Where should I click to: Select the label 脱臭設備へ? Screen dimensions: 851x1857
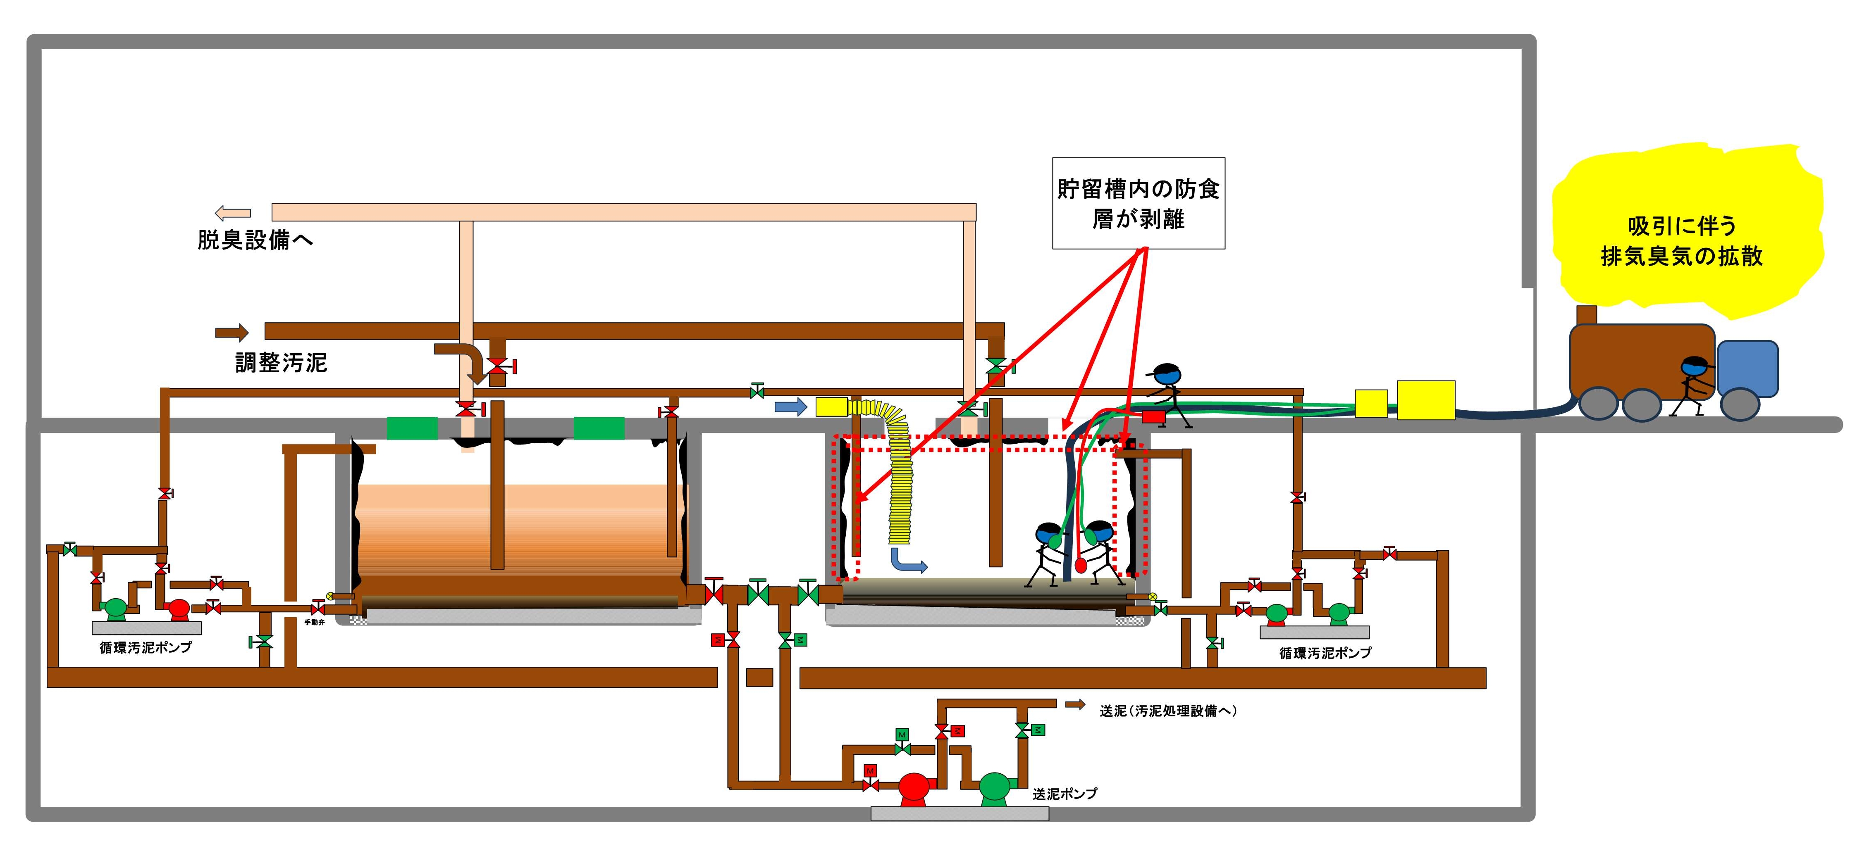pos(255,240)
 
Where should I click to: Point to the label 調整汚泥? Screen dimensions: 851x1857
pos(281,362)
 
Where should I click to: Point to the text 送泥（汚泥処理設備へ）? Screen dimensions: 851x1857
pos(1168,711)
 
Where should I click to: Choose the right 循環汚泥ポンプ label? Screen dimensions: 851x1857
pos(1325,653)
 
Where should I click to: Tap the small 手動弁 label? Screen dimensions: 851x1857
pos(314,622)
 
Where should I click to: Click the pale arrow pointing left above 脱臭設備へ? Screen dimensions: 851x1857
pos(233,213)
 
